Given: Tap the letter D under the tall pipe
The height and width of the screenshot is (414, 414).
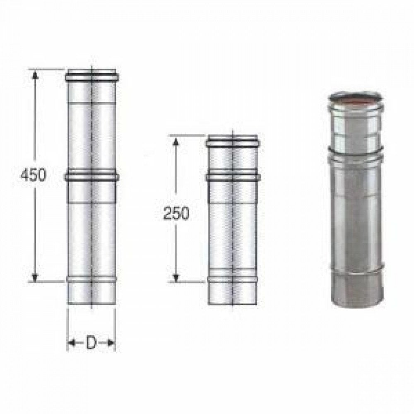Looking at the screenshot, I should [91, 343].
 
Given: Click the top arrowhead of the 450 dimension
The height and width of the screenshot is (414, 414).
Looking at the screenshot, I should [36, 75].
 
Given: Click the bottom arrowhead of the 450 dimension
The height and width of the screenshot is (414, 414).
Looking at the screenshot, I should [36, 277].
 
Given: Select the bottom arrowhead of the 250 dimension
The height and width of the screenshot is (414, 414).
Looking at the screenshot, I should [176, 277].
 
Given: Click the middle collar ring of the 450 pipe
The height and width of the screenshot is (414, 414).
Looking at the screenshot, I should [91, 177].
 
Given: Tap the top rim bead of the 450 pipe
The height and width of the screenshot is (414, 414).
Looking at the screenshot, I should [91, 77].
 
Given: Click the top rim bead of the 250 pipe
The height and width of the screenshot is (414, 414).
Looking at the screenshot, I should [232, 142].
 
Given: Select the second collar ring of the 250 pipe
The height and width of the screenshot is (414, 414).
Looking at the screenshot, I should [232, 178].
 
